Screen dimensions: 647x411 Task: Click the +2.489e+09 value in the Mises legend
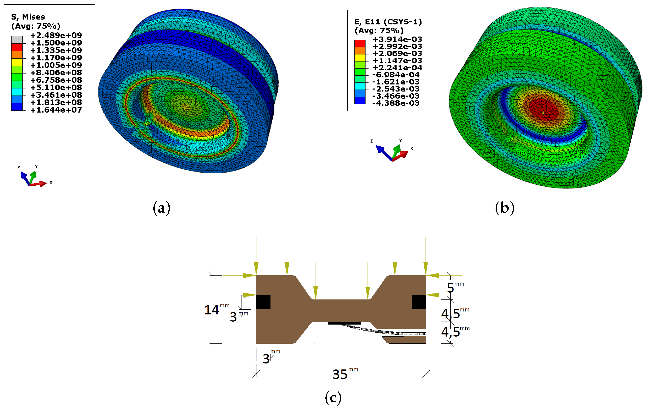(x=56, y=35)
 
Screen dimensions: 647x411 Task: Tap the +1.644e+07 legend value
(x=56, y=110)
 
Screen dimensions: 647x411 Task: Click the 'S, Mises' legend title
(x=28, y=17)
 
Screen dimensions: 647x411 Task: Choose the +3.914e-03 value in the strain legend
(x=397, y=39)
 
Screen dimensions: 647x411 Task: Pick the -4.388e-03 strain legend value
(x=396, y=103)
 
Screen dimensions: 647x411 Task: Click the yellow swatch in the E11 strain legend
(x=360, y=58)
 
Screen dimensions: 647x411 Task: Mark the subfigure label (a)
(x=162, y=208)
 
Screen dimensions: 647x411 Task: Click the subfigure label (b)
(x=505, y=208)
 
